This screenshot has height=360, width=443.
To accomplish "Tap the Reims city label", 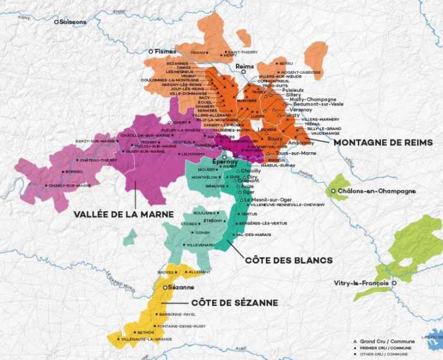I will click(244, 66).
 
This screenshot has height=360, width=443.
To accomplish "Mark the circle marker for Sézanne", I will click(165, 288).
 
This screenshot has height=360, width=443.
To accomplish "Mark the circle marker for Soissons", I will click(56, 22).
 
